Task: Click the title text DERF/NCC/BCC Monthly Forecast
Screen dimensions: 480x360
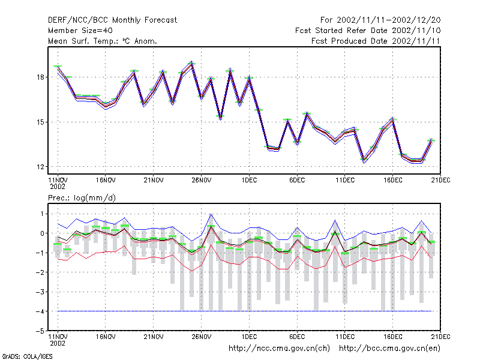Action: [112, 20]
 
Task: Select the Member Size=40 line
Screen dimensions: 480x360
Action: [80, 31]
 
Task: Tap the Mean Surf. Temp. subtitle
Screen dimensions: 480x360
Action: [103, 41]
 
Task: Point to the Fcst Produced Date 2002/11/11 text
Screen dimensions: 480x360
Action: [376, 41]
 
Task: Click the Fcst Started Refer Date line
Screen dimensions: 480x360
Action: [368, 31]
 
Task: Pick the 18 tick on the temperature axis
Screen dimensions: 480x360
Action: [40, 77]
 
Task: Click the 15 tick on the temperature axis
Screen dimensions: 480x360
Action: [40, 122]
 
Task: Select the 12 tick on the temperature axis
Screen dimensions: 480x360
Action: [40, 167]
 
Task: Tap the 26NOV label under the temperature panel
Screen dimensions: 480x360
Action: [202, 181]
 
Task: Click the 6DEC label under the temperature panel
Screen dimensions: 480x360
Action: [297, 181]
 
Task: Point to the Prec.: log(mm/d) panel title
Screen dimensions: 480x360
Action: [82, 198]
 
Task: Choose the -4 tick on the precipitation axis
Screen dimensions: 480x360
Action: [40, 311]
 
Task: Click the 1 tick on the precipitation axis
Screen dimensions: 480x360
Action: [42, 214]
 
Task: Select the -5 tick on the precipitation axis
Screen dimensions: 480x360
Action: [40, 331]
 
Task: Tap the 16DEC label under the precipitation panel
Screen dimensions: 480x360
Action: [393, 337]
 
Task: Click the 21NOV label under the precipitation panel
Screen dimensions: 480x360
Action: [154, 337]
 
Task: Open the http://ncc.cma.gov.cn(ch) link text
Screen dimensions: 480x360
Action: [279, 349]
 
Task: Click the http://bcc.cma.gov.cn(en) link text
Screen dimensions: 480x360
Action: [389, 349]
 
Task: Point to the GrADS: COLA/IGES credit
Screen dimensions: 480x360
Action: [27, 356]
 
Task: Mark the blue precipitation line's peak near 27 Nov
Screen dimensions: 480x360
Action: [211, 214]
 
